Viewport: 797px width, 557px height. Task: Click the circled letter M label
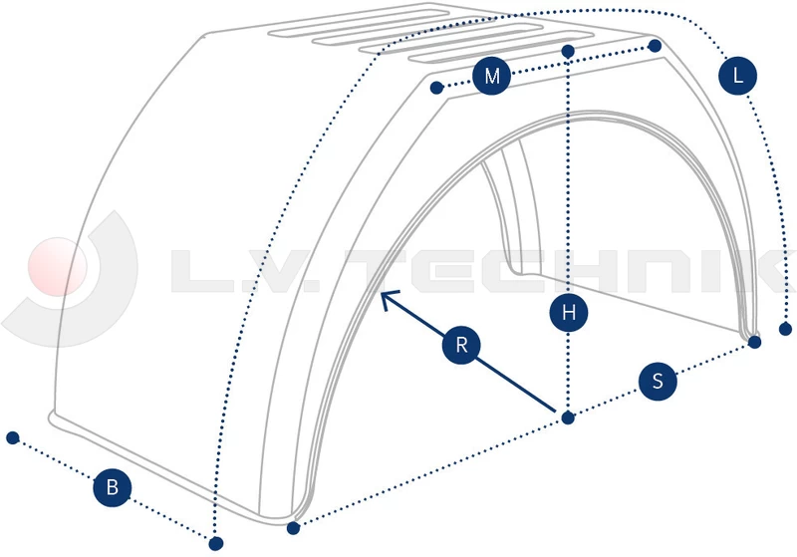(x=491, y=77)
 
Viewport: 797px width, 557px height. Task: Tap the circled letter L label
(x=737, y=77)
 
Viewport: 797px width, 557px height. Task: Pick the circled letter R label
(x=461, y=346)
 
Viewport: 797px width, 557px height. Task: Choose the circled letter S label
(x=657, y=381)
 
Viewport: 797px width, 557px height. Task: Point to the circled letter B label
(x=113, y=487)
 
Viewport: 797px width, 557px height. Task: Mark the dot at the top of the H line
(x=568, y=51)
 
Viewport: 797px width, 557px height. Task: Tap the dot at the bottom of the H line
(x=568, y=418)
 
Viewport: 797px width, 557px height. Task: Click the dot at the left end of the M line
(x=436, y=89)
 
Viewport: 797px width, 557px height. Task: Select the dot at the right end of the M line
(x=655, y=46)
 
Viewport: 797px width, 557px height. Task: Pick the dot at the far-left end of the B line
(x=13, y=437)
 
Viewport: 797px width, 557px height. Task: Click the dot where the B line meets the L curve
(x=215, y=543)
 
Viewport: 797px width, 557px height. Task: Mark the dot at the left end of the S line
(x=293, y=527)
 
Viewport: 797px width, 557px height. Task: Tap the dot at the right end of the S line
(x=754, y=343)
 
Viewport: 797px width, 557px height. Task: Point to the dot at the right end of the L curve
(x=786, y=328)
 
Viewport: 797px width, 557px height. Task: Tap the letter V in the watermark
(x=304, y=272)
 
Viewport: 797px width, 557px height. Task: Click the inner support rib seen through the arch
(x=518, y=214)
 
